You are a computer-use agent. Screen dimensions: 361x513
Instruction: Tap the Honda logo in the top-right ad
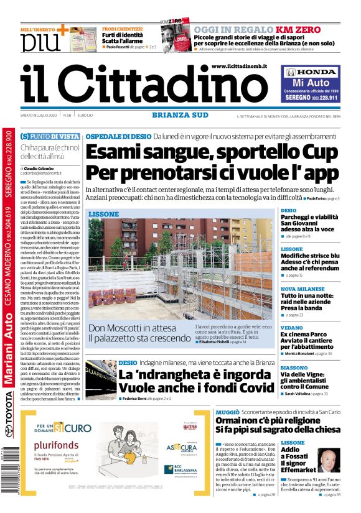pos(309,72)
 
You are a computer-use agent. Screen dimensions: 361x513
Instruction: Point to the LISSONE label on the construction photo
pos(103,214)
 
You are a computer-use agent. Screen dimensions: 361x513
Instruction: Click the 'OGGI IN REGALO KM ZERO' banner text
pos(266,29)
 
